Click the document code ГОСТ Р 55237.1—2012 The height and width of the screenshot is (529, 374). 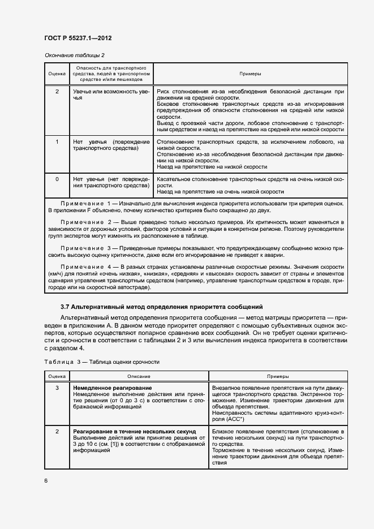point(78,38)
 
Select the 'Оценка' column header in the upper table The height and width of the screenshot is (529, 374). point(57,74)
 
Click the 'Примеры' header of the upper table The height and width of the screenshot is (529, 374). point(250,74)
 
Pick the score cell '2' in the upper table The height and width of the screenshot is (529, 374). point(57,91)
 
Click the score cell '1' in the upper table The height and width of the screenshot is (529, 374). point(57,141)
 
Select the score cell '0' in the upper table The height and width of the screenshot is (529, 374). point(57,179)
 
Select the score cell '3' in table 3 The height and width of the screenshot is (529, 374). point(57,388)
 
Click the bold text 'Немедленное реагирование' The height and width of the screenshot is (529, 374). point(112,388)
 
